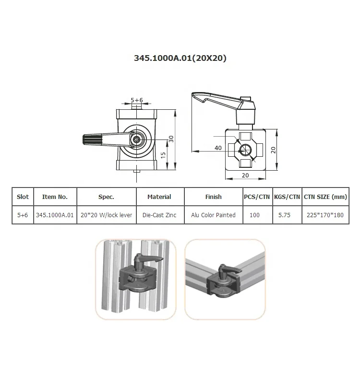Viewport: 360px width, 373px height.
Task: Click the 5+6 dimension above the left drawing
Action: [x=137, y=100]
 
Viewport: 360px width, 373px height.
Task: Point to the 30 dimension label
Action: [x=171, y=139]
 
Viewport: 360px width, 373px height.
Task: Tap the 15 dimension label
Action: [x=163, y=155]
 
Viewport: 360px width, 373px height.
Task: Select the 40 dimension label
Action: [x=218, y=148]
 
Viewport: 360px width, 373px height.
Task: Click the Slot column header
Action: [x=23, y=197]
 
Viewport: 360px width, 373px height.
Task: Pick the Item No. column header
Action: [x=55, y=197]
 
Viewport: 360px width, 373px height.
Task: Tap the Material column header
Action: [x=159, y=197]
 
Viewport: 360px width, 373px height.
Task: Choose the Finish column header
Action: [x=213, y=197]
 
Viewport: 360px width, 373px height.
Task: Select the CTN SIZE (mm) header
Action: [x=325, y=197]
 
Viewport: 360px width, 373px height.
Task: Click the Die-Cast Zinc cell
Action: [x=159, y=215]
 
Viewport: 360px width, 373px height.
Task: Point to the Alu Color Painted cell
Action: [x=213, y=215]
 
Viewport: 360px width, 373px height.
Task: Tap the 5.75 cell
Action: [x=285, y=215]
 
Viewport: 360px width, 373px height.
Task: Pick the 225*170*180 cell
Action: [x=325, y=215]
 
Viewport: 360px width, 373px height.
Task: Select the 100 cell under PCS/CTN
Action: [x=254, y=215]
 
